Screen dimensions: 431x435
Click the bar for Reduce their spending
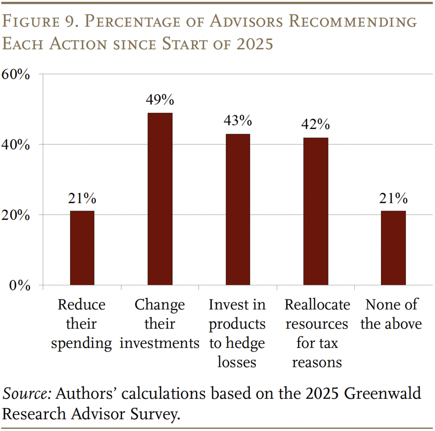(x=82, y=248)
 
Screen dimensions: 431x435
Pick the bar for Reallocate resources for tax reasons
(x=316, y=211)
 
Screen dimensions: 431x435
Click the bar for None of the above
(x=393, y=248)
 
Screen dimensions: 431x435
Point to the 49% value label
(x=160, y=100)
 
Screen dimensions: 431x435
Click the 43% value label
(x=237, y=121)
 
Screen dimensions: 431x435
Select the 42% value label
(x=316, y=124)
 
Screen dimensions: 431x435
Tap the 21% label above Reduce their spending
(x=82, y=198)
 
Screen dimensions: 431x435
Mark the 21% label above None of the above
(x=393, y=198)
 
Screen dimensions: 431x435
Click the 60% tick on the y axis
(x=17, y=75)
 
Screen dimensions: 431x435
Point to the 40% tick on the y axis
(x=17, y=145)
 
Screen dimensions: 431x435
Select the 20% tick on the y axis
(x=17, y=215)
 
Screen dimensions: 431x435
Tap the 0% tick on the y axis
(x=20, y=286)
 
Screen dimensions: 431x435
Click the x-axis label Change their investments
(x=160, y=324)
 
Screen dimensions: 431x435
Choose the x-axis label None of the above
(x=391, y=314)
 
